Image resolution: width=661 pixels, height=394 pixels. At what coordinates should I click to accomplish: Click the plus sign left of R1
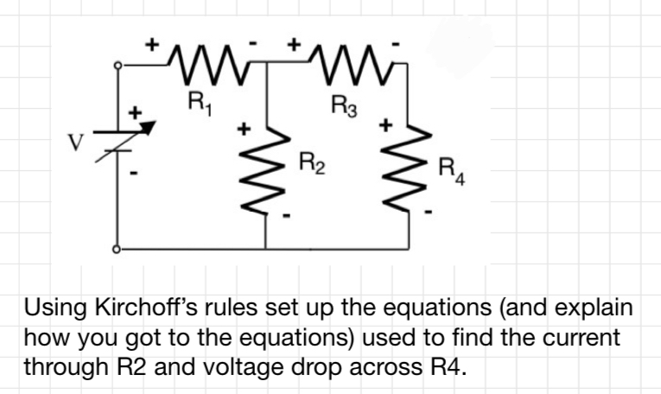(156, 42)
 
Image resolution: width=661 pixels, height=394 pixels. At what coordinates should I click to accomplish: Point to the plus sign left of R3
(296, 42)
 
